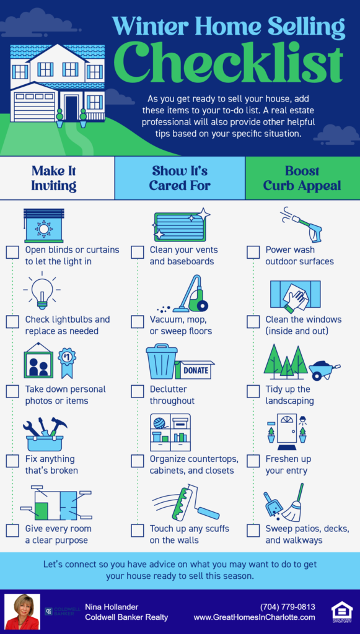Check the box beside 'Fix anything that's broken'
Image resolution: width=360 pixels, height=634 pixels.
(12, 461)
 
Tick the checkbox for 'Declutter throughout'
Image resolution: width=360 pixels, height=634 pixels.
(138, 391)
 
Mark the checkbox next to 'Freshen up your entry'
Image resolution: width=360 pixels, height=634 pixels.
(253, 461)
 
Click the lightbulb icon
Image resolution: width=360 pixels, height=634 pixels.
(42, 293)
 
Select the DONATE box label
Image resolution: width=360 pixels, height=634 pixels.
(195, 370)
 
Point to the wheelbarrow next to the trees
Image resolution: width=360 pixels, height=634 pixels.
(323, 370)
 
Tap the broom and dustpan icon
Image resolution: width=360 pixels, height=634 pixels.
(284, 503)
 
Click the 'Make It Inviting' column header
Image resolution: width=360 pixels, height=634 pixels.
(54, 178)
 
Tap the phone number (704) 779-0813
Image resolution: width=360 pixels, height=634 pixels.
(288, 607)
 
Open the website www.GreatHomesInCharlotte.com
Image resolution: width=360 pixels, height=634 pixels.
(254, 617)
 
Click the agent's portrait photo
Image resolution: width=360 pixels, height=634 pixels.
(22, 612)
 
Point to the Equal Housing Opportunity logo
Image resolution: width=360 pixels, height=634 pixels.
(342, 611)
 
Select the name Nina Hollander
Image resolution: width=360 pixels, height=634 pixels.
(111, 607)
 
